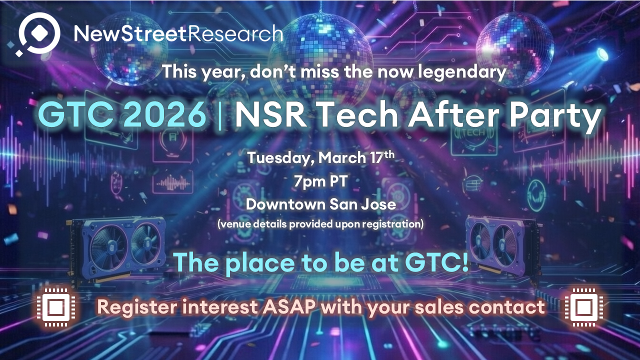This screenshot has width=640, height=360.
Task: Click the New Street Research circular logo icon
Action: click(38, 33)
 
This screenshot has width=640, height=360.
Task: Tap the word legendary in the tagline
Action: click(462, 72)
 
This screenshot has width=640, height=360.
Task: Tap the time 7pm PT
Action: click(321, 181)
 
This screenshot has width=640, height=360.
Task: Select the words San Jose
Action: click(362, 204)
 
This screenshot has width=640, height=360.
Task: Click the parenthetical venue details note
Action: click(320, 224)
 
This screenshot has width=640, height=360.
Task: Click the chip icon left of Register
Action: click(56, 307)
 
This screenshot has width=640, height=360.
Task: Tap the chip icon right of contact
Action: click(583, 307)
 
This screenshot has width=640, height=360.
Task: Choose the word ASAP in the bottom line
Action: click(289, 307)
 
